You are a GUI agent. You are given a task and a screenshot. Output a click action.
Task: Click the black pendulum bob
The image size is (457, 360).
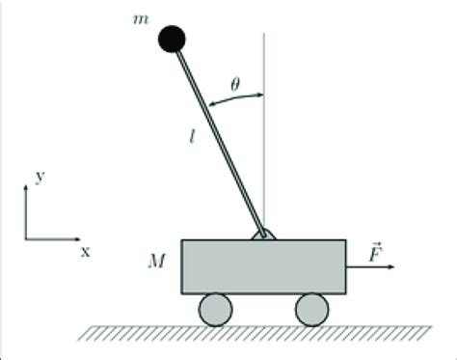[x=172, y=38]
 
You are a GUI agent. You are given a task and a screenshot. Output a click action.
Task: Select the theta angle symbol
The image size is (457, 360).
[x=235, y=83]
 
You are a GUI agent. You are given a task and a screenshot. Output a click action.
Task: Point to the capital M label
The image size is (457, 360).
[x=153, y=260]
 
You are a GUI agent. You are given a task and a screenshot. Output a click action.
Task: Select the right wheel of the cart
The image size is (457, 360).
[x=310, y=309]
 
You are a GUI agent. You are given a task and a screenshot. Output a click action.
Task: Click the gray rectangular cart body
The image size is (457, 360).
[x=262, y=266]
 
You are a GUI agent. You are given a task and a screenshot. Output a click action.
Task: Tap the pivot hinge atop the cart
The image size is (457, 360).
[x=262, y=234]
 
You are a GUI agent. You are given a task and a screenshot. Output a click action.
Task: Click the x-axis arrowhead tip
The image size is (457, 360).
[x=80, y=236]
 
